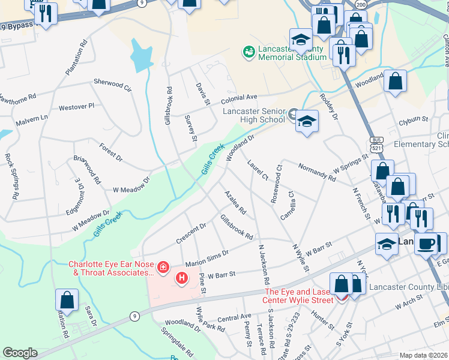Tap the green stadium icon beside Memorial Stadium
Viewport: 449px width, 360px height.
point(249,52)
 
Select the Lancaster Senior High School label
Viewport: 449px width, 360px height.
point(253,115)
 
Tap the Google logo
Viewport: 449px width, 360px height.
point(20,353)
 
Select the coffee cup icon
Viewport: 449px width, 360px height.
point(427,244)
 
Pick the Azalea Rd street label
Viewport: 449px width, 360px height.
point(235,203)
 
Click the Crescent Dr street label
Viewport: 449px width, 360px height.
point(191,233)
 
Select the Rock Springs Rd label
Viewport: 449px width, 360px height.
point(11,176)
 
